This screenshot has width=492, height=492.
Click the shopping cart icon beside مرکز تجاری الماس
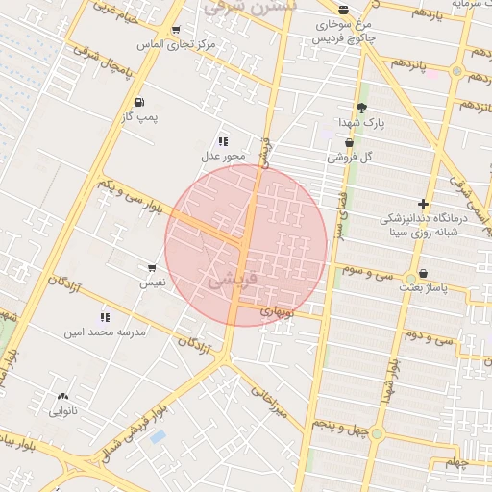(175, 30)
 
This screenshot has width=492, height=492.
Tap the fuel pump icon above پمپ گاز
(140, 102)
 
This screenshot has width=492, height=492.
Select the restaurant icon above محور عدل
(223, 141)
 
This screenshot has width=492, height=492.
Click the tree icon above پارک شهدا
(361, 109)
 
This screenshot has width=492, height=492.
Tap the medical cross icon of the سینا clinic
(423, 204)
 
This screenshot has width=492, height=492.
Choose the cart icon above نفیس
(152, 268)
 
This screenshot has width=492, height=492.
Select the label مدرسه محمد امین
(104, 332)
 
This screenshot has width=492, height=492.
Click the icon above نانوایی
(63, 396)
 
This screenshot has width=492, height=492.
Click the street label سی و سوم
(372, 272)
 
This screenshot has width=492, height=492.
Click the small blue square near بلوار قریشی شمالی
(158, 437)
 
